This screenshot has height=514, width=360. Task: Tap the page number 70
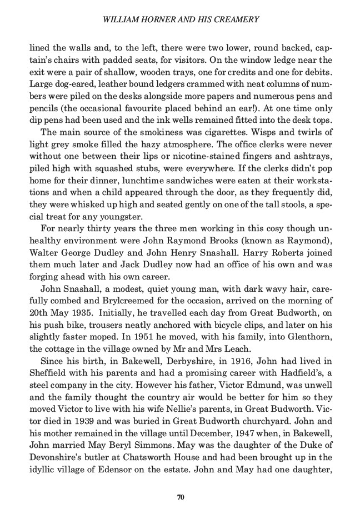[x=180, y=496]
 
